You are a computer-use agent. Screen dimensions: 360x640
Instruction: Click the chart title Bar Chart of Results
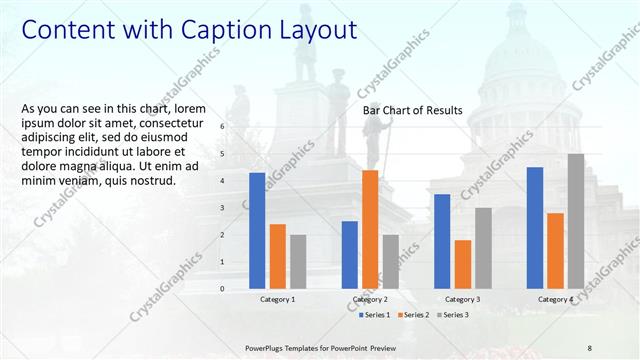coord(412,110)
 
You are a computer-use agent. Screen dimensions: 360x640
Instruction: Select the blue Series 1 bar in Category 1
coord(257,230)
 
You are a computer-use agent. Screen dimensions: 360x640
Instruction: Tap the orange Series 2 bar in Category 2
coord(370,228)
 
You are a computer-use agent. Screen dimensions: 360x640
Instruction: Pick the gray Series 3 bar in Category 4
coord(576,220)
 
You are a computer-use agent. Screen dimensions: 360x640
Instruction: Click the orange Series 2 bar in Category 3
coord(462,263)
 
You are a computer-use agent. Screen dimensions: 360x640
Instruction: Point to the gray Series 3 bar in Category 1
coord(298,261)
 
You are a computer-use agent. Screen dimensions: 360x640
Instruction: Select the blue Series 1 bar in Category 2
coord(349,254)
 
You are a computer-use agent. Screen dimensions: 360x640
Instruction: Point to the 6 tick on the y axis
coord(222,127)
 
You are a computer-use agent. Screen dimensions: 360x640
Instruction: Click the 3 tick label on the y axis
coord(222,208)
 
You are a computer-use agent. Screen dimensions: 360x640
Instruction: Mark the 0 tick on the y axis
coord(222,289)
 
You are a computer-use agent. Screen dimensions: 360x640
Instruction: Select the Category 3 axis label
coord(462,299)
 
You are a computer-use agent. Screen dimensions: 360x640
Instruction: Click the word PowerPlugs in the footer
coord(267,347)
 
